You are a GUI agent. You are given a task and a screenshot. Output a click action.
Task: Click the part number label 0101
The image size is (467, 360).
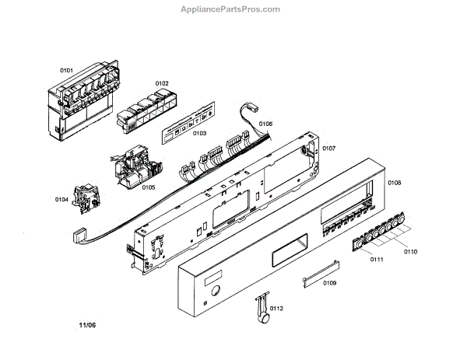pyautogui.click(x=66, y=71)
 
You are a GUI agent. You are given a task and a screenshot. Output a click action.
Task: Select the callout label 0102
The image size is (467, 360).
pyautogui.click(x=162, y=83)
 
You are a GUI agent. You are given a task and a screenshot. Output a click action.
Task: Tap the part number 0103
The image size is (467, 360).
pyautogui.click(x=200, y=133)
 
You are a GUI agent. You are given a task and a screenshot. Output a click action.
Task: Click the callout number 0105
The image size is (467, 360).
pyautogui.click(x=148, y=187)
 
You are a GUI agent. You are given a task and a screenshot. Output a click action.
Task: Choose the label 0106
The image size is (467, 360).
pyautogui.click(x=265, y=124)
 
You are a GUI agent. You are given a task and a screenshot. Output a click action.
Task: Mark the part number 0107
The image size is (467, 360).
pyautogui.click(x=328, y=149)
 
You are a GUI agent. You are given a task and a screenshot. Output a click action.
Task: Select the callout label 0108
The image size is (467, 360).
pyautogui.click(x=394, y=183)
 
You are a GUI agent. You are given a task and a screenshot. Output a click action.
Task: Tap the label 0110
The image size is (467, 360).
pyautogui.click(x=410, y=252)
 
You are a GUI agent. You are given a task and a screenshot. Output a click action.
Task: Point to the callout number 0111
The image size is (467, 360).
pyautogui.click(x=377, y=258)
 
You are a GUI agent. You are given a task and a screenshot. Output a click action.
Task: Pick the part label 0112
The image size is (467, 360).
pyautogui.click(x=276, y=309)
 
